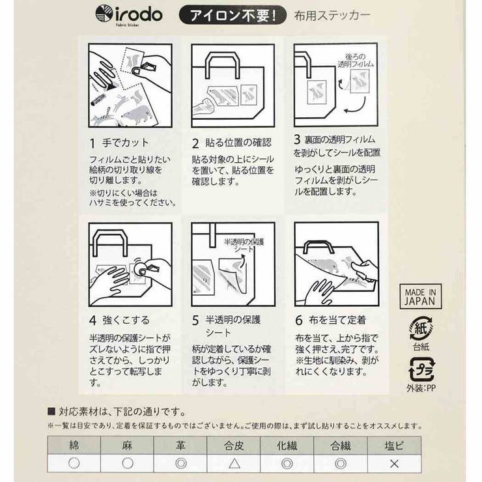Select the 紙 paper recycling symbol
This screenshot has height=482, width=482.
click(x=421, y=330)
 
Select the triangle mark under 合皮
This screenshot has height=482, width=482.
click(x=234, y=464)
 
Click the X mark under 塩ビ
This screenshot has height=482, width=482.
click(x=394, y=464)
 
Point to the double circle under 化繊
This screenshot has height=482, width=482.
click(x=287, y=464)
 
